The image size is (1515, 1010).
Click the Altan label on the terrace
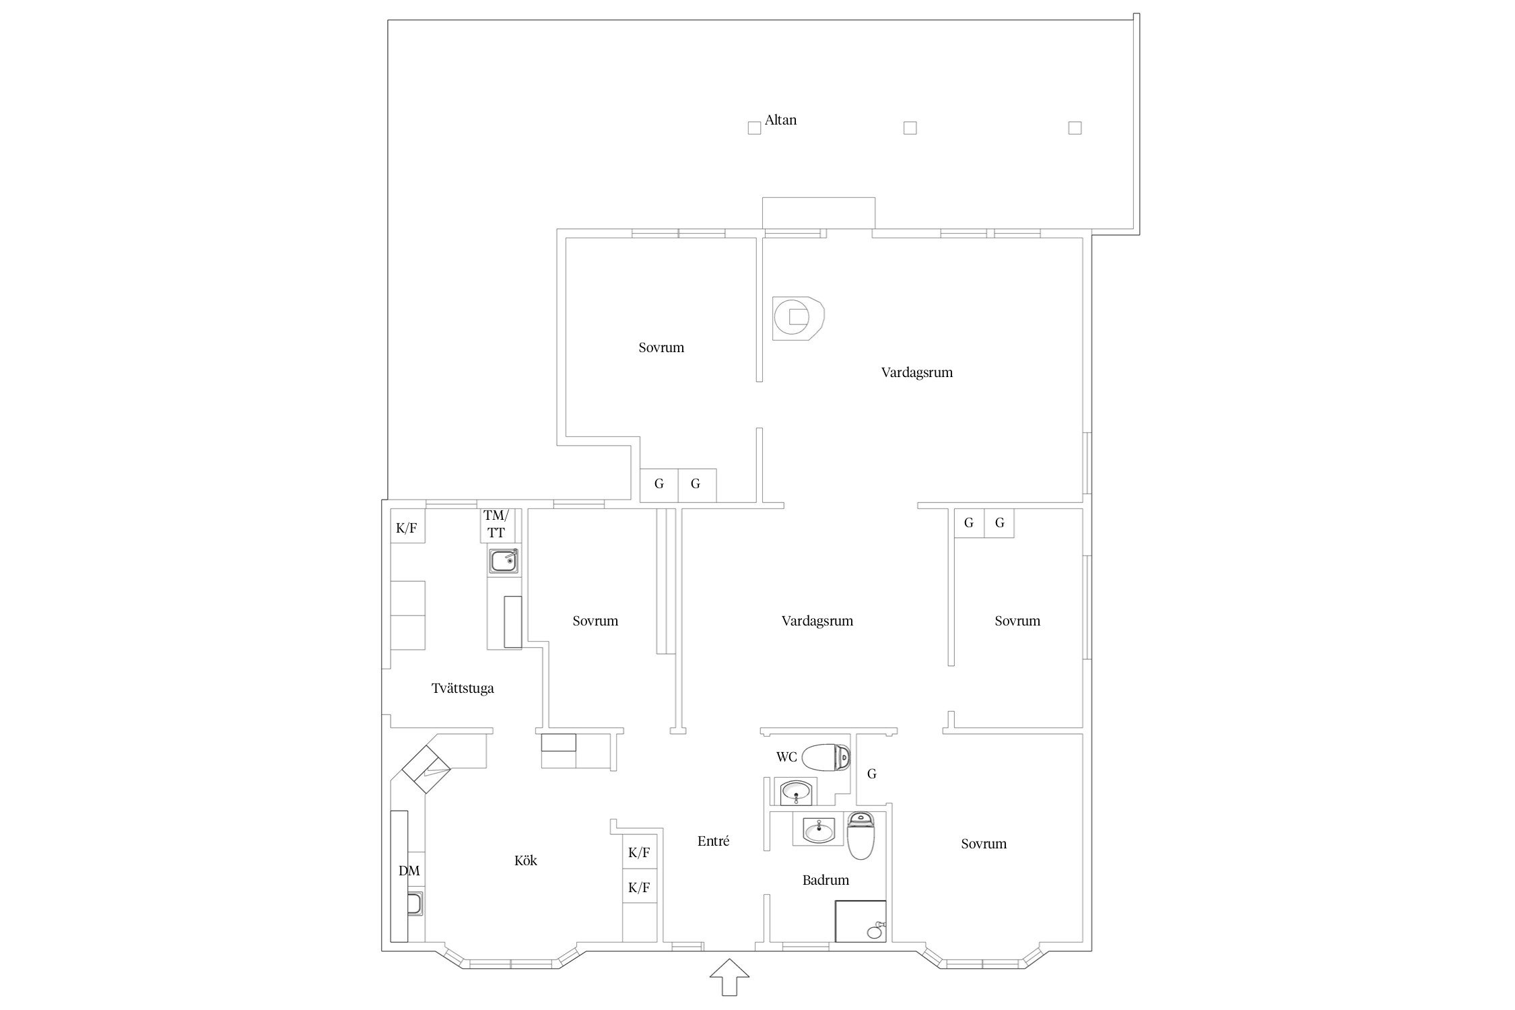tap(780, 121)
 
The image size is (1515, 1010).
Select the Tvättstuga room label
tap(463, 688)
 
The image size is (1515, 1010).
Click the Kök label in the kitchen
tap(526, 861)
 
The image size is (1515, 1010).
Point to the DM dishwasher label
tap(409, 871)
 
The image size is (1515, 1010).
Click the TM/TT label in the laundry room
tap(496, 524)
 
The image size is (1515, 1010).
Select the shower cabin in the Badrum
tap(861, 920)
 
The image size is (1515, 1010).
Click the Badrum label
tap(826, 880)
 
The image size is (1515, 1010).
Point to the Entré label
tap(713, 841)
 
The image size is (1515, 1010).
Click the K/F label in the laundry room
tap(406, 528)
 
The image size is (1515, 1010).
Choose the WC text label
tap(786, 757)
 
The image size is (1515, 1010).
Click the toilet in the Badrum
tap(860, 836)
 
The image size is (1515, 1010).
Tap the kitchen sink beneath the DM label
tap(415, 904)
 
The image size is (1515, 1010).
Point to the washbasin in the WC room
tap(798, 793)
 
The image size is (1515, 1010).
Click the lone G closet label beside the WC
tap(871, 774)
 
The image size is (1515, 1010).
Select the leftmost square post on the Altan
tap(754, 128)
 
